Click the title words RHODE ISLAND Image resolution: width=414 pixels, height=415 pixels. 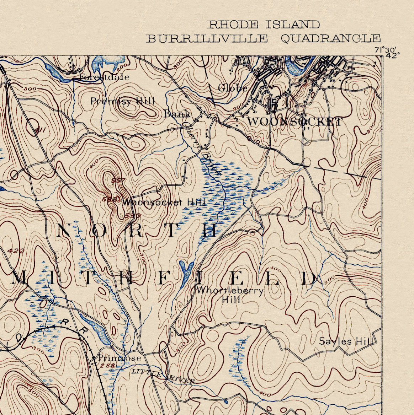tap(264, 25)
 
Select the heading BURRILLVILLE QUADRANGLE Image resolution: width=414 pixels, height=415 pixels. tap(264, 38)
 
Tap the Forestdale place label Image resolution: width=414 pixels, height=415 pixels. tap(104, 77)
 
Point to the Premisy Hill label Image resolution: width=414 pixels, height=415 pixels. tap(123, 101)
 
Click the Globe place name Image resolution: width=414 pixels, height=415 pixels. tap(233, 88)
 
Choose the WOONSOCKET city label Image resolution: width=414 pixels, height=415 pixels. tap(295, 122)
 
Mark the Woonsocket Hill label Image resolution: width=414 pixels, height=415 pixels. tap(164, 202)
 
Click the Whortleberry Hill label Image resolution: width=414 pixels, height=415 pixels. tap(230, 295)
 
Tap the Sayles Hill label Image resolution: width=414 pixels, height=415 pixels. tap(346, 341)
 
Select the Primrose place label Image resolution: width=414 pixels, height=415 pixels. tap(120, 358)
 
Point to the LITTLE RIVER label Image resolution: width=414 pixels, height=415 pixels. tap(163, 376)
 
